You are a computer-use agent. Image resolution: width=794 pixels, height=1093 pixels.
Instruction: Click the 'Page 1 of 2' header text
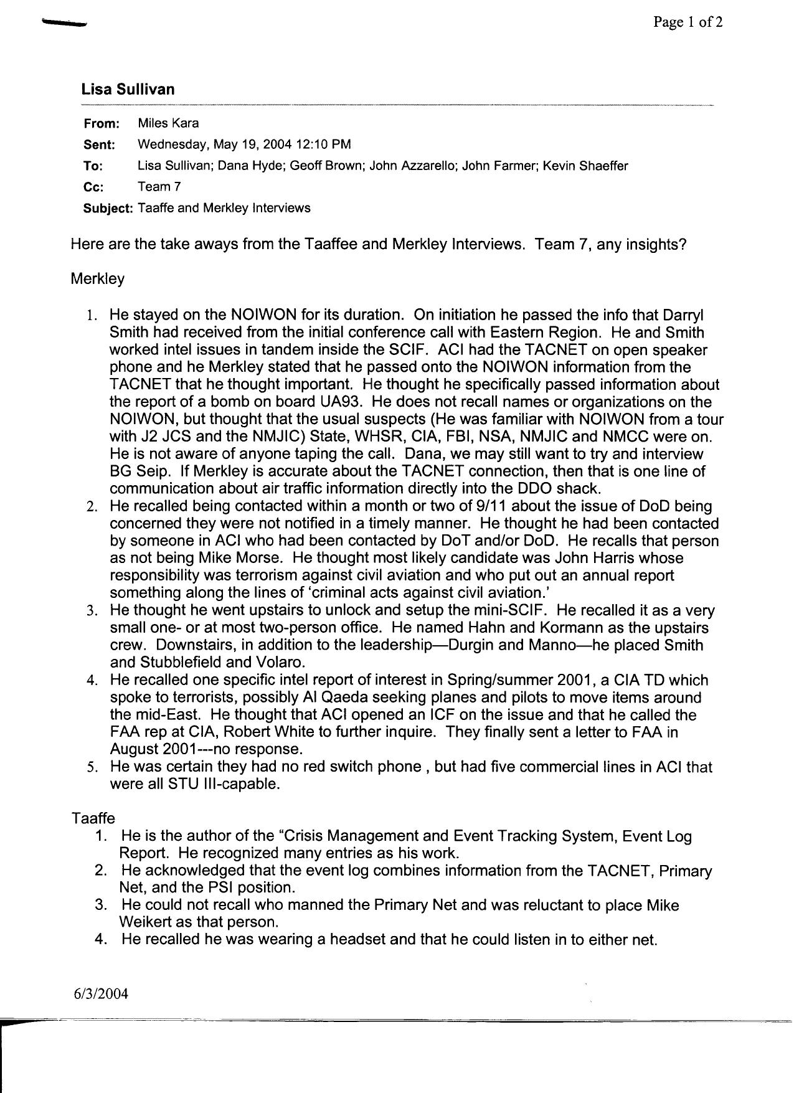pos(688,23)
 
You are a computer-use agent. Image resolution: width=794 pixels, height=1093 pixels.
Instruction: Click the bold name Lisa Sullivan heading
pos(128,89)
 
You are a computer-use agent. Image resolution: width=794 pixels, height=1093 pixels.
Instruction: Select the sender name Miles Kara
pos(168,123)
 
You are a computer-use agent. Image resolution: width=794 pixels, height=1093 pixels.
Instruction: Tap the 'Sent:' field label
pos(99,145)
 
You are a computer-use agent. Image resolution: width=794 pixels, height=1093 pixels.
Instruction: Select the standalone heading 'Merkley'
pos(98,279)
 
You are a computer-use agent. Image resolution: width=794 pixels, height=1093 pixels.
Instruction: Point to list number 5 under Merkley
pos(92,767)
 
